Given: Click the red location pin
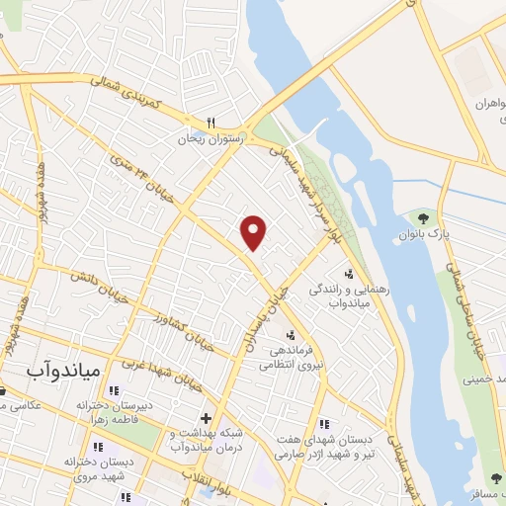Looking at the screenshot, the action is pos(255,232).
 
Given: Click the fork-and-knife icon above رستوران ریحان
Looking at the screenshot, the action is pos(210,123).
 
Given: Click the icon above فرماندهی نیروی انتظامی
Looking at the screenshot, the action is pos(290,332).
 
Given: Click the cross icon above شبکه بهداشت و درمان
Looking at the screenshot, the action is pos(207,418).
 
